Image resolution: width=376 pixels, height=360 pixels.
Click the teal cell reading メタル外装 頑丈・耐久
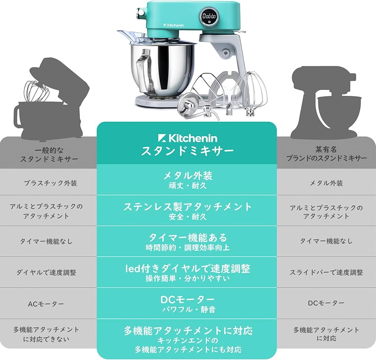[187, 179]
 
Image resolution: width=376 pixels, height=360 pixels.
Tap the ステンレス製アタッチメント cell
[187, 210]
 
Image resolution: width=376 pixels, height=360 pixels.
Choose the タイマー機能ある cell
[187, 242]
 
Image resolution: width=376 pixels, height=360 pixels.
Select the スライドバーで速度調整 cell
[326, 272]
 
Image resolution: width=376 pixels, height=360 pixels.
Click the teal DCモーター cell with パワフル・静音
[187, 303]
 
